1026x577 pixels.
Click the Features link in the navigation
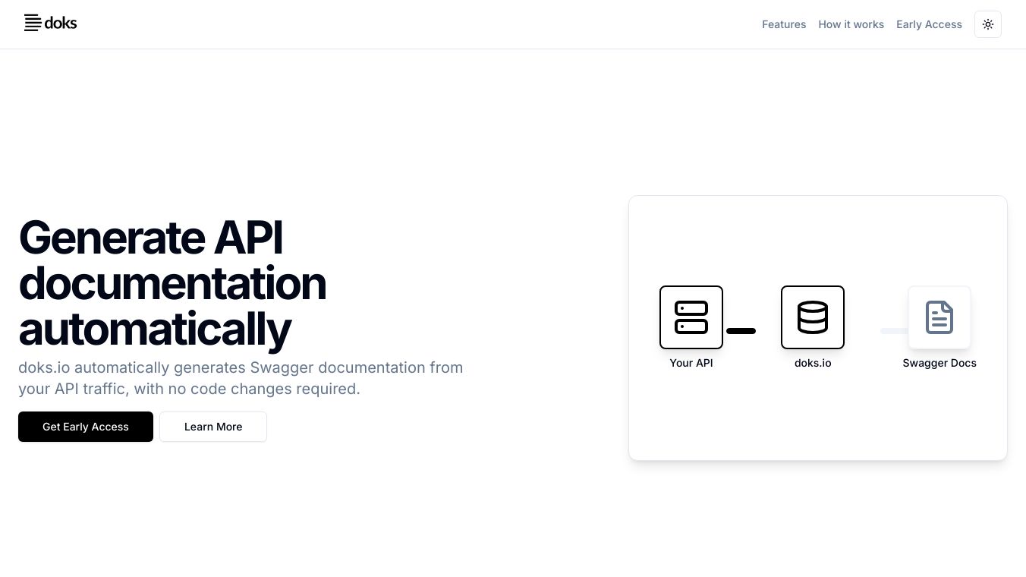point(784,24)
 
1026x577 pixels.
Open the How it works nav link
point(851,24)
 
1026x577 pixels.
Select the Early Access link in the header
point(929,24)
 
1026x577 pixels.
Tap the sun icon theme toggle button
point(988,24)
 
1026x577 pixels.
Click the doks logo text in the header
point(61,23)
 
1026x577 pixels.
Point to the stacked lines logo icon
point(33,23)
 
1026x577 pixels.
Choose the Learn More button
point(213,427)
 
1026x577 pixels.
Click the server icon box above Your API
point(691,317)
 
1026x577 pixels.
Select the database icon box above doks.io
point(813,317)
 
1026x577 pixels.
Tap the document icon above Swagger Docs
point(939,317)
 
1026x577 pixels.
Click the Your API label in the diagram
point(691,363)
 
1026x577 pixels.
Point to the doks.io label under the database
point(813,363)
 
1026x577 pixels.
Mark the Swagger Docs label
point(939,363)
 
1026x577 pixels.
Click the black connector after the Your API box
point(741,331)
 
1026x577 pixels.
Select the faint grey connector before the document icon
point(894,331)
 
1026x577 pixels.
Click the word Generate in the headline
point(112,238)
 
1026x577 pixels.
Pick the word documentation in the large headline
point(173,283)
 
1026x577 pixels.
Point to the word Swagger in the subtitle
point(282,368)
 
